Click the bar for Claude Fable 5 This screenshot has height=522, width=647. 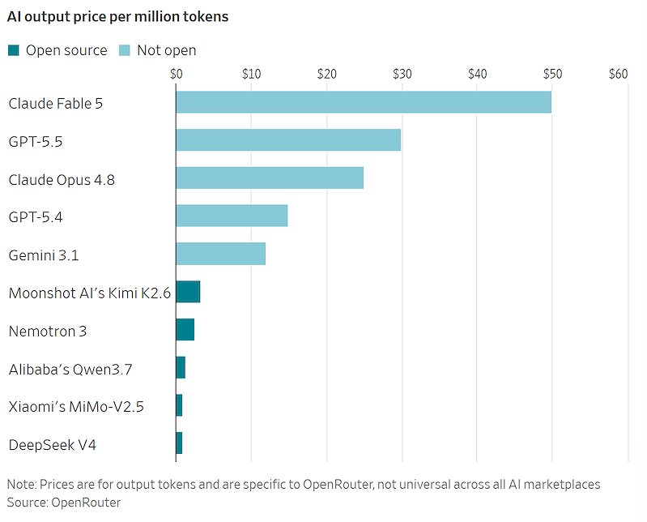(x=364, y=102)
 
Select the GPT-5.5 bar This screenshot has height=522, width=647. (x=288, y=140)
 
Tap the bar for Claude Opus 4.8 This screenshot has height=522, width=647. (x=270, y=178)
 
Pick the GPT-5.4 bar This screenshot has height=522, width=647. (x=232, y=216)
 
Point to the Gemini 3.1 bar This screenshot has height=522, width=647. (x=221, y=254)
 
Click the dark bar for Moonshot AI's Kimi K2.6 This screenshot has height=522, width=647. (x=188, y=292)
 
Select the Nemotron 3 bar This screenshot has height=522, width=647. (x=185, y=330)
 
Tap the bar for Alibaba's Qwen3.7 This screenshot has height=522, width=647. (x=181, y=367)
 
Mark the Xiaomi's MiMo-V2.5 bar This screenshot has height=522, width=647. (x=179, y=405)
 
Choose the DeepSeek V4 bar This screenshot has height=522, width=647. (x=179, y=443)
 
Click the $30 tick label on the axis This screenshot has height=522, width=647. (x=402, y=74)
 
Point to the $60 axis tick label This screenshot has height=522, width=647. (x=618, y=74)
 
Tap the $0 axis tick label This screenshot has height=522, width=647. (x=177, y=74)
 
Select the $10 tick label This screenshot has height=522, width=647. (x=251, y=74)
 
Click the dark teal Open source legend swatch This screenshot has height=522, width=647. (x=14, y=50)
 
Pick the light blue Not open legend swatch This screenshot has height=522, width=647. (x=125, y=50)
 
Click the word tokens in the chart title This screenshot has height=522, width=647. (x=206, y=16)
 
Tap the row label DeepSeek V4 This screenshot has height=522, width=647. (x=53, y=445)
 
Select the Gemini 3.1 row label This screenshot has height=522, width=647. (x=44, y=255)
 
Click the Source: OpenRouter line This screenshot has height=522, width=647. (x=64, y=503)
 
